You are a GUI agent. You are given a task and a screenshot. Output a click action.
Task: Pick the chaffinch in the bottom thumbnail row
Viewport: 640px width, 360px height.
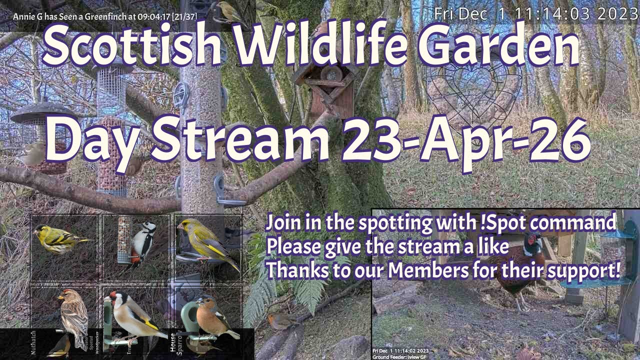(212, 317)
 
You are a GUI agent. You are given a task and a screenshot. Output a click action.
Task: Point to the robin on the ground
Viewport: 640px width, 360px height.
(277, 320)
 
